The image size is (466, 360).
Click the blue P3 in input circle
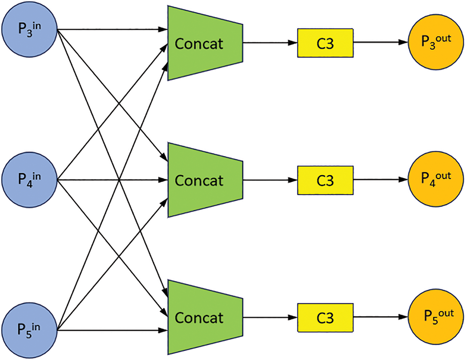[x=29, y=30]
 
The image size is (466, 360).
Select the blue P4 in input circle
[x=29, y=180]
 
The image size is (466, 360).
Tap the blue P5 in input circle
[x=29, y=330]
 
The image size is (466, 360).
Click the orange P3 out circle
[x=436, y=42]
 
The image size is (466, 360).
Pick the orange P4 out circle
[x=436, y=180]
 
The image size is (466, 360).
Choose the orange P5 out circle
[x=436, y=317]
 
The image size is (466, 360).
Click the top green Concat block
[x=205, y=43]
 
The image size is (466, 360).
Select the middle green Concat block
[x=205, y=180]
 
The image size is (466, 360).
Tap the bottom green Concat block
[x=205, y=317]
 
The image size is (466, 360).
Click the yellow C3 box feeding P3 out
[x=325, y=43]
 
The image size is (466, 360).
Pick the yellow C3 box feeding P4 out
[x=325, y=180]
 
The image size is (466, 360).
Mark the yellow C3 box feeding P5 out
[x=325, y=318]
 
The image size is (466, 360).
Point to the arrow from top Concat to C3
[x=270, y=43]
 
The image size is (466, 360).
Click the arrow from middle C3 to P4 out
[x=381, y=180]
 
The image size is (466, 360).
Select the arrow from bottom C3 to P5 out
[x=381, y=317]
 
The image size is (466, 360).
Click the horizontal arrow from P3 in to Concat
[x=112, y=29]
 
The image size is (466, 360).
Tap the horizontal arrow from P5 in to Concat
[x=112, y=330]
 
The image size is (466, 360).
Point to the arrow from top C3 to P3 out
[x=381, y=42]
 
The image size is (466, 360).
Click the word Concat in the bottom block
[x=199, y=318]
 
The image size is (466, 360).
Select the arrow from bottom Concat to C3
[x=270, y=317]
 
